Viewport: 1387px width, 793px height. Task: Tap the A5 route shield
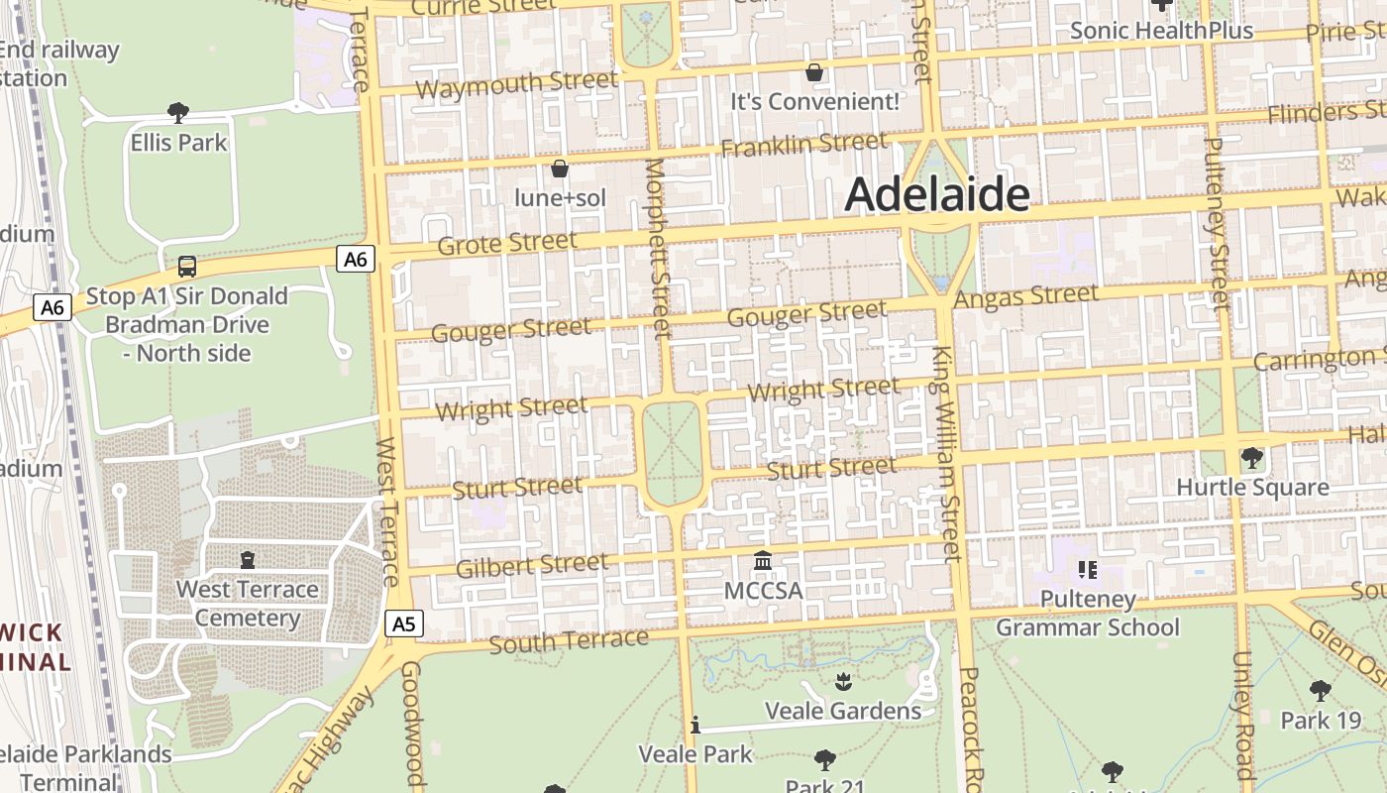[403, 623]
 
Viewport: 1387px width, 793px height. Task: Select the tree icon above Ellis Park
[178, 112]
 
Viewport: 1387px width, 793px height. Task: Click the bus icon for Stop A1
[186, 266]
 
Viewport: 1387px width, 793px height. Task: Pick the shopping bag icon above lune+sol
[560, 169]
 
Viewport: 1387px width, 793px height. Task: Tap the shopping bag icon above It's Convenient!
[814, 72]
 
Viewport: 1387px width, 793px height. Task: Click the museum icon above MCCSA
[763, 561]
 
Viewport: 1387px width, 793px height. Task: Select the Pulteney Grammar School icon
[1087, 569]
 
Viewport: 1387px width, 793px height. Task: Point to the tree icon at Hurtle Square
[1252, 457]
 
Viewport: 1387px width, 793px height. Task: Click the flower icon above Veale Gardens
[842, 681]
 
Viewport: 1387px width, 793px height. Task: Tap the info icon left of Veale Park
[695, 726]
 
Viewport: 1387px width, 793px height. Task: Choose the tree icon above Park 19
[1320, 690]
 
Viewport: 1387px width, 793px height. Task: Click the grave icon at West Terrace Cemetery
[247, 560]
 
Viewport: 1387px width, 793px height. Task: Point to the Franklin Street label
[803, 145]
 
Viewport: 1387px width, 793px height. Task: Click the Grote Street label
[506, 242]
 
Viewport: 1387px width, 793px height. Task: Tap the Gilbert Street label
[532, 565]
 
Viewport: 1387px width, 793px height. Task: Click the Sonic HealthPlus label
[1161, 31]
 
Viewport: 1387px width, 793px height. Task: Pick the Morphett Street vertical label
[658, 248]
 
